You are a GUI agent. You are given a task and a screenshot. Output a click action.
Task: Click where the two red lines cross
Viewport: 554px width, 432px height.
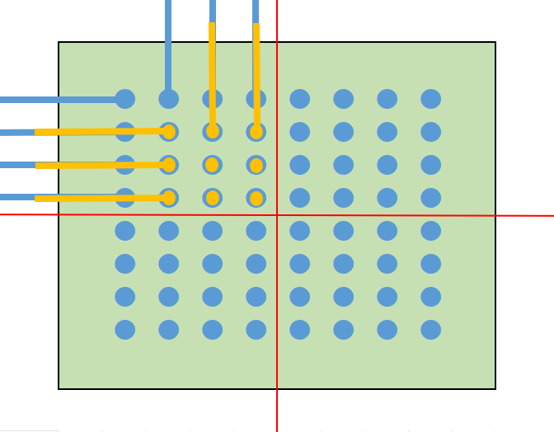(x=277, y=215)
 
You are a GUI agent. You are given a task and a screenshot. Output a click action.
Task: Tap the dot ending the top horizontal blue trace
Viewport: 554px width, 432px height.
(x=125, y=99)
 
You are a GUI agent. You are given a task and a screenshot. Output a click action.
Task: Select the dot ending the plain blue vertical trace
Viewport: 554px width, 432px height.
(x=168, y=99)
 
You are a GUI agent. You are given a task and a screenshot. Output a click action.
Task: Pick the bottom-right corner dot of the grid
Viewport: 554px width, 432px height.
(x=430, y=330)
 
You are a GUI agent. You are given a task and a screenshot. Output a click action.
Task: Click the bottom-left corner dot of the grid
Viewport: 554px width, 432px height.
(x=125, y=330)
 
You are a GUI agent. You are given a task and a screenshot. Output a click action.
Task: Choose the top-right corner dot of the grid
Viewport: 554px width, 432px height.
(x=430, y=99)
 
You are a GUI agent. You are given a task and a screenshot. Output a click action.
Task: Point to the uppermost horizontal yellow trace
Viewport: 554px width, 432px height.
(x=99, y=132)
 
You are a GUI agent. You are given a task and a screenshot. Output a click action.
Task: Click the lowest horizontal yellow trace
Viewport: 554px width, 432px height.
(x=99, y=198)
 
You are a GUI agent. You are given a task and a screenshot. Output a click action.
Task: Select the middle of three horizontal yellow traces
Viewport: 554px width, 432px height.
(x=99, y=166)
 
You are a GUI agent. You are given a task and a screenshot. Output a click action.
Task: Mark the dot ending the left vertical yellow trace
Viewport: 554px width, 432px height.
(x=213, y=132)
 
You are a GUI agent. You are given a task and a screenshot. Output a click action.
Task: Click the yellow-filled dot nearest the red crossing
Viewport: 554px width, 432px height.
(x=256, y=198)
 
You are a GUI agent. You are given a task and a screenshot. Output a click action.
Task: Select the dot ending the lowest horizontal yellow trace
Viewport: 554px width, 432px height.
(x=169, y=198)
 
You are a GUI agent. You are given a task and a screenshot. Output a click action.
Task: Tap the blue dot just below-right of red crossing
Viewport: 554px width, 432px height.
(x=300, y=231)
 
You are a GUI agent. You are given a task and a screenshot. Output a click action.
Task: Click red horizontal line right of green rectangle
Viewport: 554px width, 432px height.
(x=524, y=215)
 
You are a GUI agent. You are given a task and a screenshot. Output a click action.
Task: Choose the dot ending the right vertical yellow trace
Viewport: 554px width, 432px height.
(x=256, y=132)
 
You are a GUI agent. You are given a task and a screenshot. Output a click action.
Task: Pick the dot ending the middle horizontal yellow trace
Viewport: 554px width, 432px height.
(x=169, y=165)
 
